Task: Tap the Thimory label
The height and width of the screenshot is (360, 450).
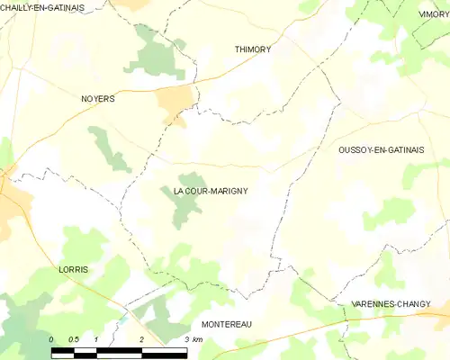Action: click(x=252, y=49)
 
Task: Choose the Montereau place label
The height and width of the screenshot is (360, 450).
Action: click(x=227, y=324)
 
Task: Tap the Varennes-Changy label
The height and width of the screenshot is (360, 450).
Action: click(x=390, y=304)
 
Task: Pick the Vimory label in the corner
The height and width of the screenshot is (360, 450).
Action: click(x=434, y=14)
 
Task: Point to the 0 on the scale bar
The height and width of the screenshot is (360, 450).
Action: click(x=52, y=339)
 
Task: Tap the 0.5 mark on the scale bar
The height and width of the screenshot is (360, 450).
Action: click(x=74, y=339)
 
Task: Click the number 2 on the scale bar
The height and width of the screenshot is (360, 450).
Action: click(x=142, y=339)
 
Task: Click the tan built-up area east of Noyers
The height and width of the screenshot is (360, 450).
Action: click(x=175, y=103)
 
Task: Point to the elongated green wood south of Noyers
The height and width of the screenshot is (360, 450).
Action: click(x=110, y=148)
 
